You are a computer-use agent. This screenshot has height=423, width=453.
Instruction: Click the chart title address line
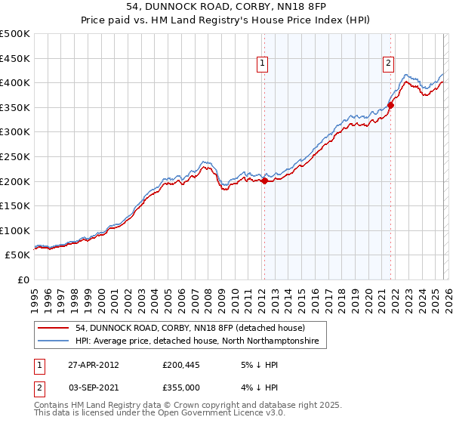pyautogui.click(x=226, y=7)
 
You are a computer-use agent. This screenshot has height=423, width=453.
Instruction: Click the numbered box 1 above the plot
pyautogui.click(x=262, y=64)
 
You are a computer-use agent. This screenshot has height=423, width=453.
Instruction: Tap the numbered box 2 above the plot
pyautogui.click(x=388, y=64)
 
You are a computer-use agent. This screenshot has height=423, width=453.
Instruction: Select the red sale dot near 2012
pyautogui.click(x=264, y=181)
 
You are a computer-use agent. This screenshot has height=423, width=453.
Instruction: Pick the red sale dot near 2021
pyautogui.click(x=391, y=105)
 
